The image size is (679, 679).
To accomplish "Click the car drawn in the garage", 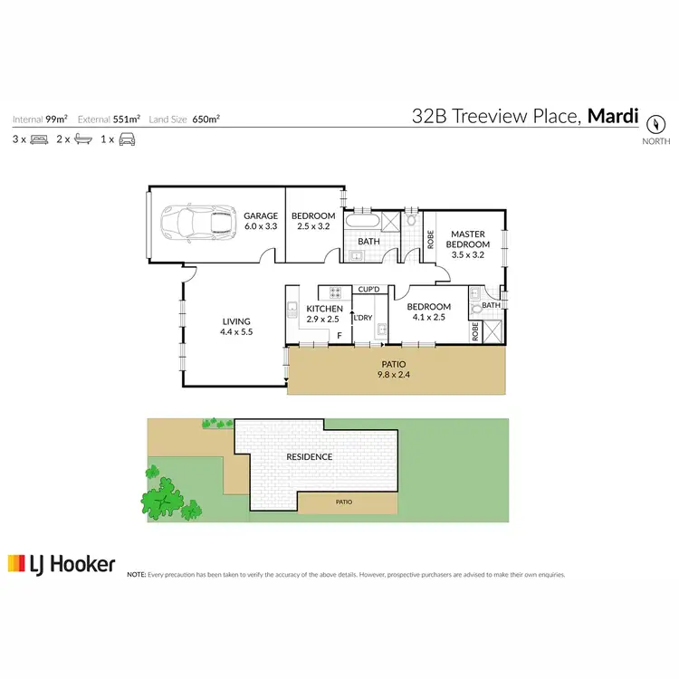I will click(196, 221).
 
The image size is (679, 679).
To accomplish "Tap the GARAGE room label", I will click(261, 221).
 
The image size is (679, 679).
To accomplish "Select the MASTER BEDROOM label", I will click(469, 244).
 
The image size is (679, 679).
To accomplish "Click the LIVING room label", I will click(236, 327).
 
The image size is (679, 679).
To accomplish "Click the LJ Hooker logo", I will click(62, 565).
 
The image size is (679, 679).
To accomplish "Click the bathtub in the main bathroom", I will click(364, 220).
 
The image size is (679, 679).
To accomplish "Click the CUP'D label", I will click(368, 290).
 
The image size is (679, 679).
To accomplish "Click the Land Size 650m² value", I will click(207, 119).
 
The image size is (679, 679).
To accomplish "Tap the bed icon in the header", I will click(39, 139).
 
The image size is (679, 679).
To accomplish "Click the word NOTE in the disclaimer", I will click(136, 574).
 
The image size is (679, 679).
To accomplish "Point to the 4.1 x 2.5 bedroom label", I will click(428, 312).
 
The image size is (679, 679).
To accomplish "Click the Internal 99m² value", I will click(56, 119).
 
